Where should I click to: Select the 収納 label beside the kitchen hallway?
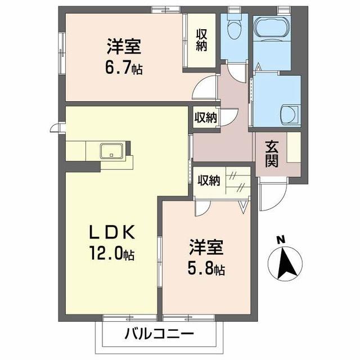[x=205, y=118]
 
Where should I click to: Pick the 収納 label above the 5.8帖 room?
[x=209, y=181]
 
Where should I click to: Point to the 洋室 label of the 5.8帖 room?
[x=206, y=247]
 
